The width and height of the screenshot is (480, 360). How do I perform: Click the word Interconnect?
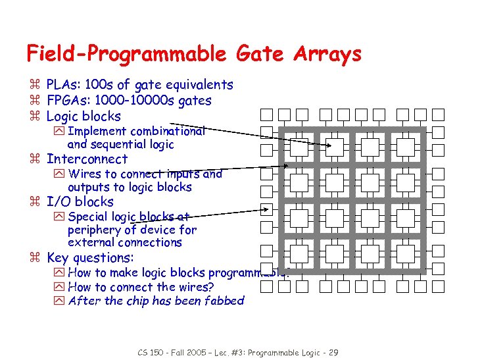[x=87, y=159]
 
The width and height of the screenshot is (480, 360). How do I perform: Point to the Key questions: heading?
[x=90, y=258]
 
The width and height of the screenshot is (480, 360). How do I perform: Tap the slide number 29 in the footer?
[x=333, y=353]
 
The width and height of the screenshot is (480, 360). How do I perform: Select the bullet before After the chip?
[x=59, y=301]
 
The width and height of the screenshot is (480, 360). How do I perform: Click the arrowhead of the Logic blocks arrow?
[x=329, y=145]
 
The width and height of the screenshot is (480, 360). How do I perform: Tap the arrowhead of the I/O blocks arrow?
[x=268, y=210]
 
